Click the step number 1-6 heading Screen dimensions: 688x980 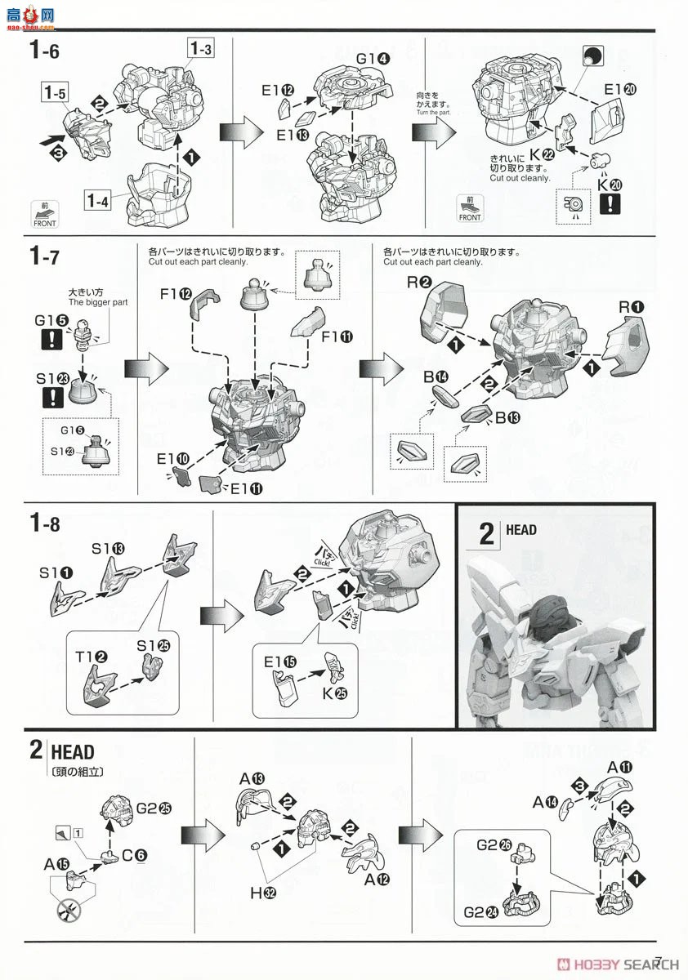[x=44, y=51]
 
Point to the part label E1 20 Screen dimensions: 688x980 [x=616, y=90]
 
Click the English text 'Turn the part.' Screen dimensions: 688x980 [x=433, y=112]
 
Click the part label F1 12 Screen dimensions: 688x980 [x=176, y=294]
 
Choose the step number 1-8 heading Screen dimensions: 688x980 [x=44, y=524]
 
